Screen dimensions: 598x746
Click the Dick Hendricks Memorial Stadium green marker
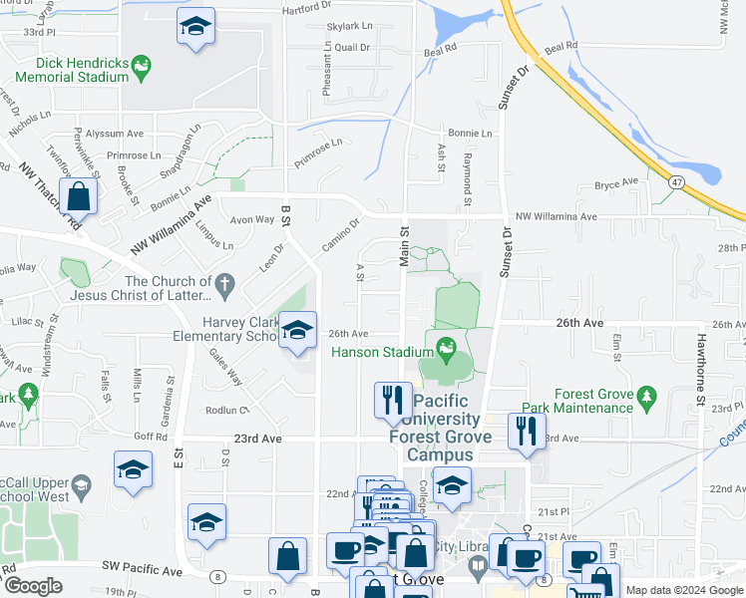pyautogui.click(x=143, y=67)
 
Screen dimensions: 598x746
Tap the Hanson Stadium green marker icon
pyautogui.click(x=446, y=350)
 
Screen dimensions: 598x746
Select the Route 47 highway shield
pyautogui.click(x=676, y=182)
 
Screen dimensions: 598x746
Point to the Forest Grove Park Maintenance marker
pyautogui.click(x=645, y=397)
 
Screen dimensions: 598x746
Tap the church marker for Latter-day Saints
pyautogui.click(x=226, y=286)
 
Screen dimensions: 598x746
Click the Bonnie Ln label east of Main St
pyautogui.click(x=470, y=133)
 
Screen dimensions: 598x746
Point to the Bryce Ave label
pyautogui.click(x=615, y=183)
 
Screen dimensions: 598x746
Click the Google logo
pyautogui.click(x=33, y=586)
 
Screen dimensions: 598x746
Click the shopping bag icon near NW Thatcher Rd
pyautogui.click(x=79, y=196)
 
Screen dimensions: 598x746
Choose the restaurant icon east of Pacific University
pyautogui.click(x=526, y=431)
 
